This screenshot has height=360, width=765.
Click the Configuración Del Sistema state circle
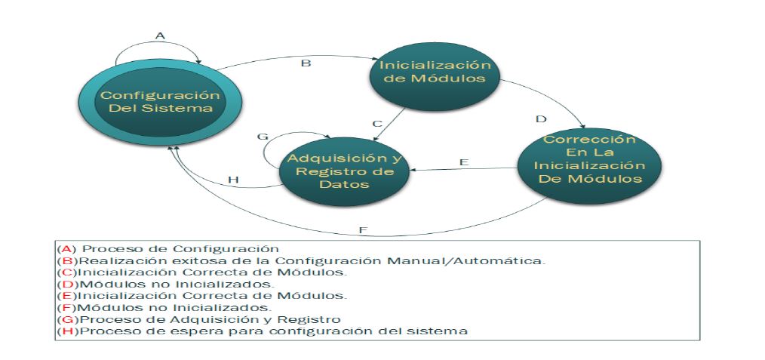pyautogui.click(x=161, y=101)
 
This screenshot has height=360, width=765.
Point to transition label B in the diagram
pyautogui.click(x=306, y=63)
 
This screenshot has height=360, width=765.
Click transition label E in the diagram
pyautogui.click(x=464, y=162)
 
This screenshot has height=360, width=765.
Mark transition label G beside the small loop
pyautogui.click(x=263, y=137)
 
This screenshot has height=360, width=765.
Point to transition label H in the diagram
pyautogui.click(x=233, y=180)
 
